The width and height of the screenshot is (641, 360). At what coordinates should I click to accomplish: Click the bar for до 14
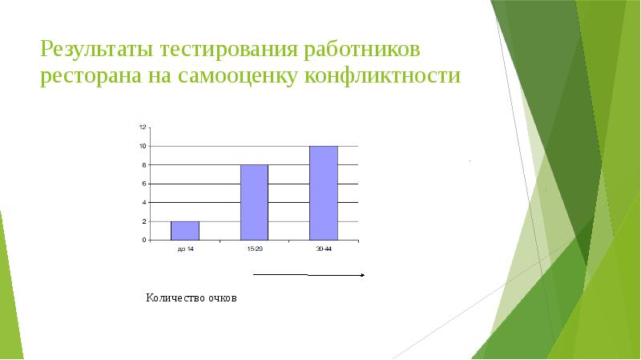(185, 230)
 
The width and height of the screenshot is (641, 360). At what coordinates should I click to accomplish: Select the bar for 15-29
(254, 202)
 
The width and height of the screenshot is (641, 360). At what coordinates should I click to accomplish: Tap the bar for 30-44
(324, 192)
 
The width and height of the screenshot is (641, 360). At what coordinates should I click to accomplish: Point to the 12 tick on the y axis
(142, 127)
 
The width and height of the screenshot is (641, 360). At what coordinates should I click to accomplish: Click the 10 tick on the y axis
(142, 146)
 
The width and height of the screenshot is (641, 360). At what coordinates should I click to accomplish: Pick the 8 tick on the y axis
(143, 165)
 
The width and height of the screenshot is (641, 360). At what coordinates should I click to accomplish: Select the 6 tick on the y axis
(143, 184)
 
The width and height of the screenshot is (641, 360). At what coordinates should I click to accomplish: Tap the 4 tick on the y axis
(143, 202)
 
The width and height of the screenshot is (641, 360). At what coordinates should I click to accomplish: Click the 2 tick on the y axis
(143, 221)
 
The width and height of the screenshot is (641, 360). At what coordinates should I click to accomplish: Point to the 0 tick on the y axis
(143, 240)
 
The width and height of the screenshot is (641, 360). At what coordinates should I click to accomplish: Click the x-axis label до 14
(184, 250)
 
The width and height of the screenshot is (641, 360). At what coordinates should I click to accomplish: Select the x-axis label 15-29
(254, 250)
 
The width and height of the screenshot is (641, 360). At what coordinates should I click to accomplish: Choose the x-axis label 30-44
(324, 250)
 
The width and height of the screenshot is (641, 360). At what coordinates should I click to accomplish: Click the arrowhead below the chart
(363, 275)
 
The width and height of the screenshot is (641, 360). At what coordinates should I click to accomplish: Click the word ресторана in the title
(91, 78)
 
